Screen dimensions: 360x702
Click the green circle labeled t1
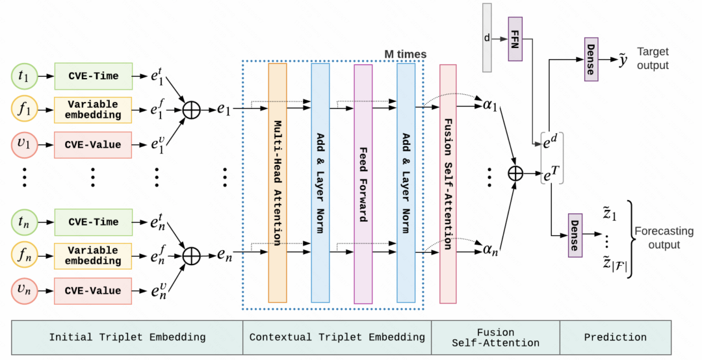24,76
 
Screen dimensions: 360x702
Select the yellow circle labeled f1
24,110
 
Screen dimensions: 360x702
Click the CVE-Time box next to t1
94,76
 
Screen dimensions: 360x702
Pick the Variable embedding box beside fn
94,255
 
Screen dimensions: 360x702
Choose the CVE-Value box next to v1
94,144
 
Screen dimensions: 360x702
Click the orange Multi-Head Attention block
278,183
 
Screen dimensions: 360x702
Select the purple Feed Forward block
363,184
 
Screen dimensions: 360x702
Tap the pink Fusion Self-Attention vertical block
448,184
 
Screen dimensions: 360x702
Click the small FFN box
515,39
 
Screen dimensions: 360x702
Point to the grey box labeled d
487,38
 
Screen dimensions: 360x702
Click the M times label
404,54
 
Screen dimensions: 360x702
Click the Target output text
653,58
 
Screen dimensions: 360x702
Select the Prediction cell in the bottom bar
615,337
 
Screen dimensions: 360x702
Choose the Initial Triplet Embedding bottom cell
127,337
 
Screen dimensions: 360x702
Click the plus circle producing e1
190,110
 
